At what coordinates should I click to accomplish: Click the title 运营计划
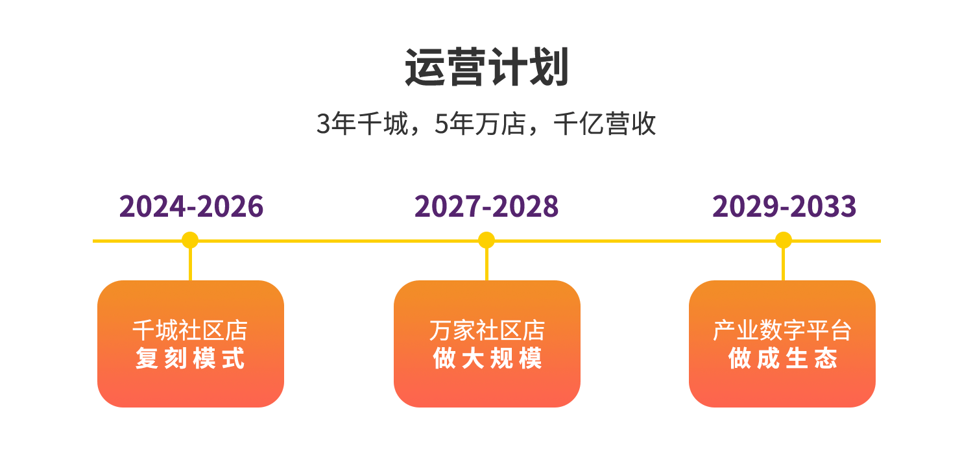(486, 67)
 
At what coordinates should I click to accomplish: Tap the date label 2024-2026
(191, 206)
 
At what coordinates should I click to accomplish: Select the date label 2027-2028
(486, 206)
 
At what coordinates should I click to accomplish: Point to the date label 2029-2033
(784, 206)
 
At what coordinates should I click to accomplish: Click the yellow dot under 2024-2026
(190, 240)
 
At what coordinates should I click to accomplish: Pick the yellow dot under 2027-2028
(486, 240)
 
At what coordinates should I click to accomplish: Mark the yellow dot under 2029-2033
(784, 240)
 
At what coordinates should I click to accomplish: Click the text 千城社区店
(190, 331)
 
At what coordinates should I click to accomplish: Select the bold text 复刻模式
(190, 358)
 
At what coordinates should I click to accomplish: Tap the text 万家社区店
(486, 331)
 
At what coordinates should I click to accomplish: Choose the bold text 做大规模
(486, 358)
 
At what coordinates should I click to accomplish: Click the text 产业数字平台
(782, 331)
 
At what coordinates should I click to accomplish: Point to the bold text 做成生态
(782, 358)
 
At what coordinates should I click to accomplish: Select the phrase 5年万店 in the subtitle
(479, 124)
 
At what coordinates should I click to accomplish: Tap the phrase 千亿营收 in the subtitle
(605, 124)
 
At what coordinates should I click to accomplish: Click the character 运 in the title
(426, 67)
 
